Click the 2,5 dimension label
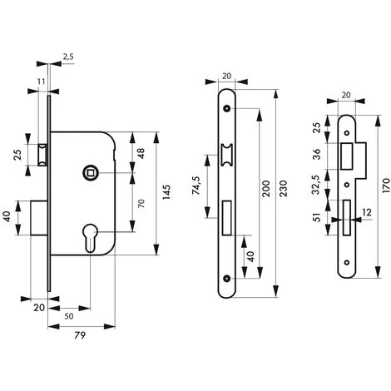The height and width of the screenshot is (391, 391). [x=68, y=57]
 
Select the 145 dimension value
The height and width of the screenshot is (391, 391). [x=166, y=192]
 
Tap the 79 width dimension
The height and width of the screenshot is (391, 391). [x=80, y=335]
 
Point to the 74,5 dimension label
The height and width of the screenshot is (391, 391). [x=196, y=186]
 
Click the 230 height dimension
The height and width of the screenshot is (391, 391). [x=284, y=189]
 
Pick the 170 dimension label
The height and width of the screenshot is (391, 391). [x=386, y=186]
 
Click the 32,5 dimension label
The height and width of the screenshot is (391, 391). [x=316, y=185]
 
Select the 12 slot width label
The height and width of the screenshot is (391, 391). [x=367, y=212]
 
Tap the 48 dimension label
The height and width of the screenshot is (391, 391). [x=141, y=153]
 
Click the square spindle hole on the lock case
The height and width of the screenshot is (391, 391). [x=91, y=173]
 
